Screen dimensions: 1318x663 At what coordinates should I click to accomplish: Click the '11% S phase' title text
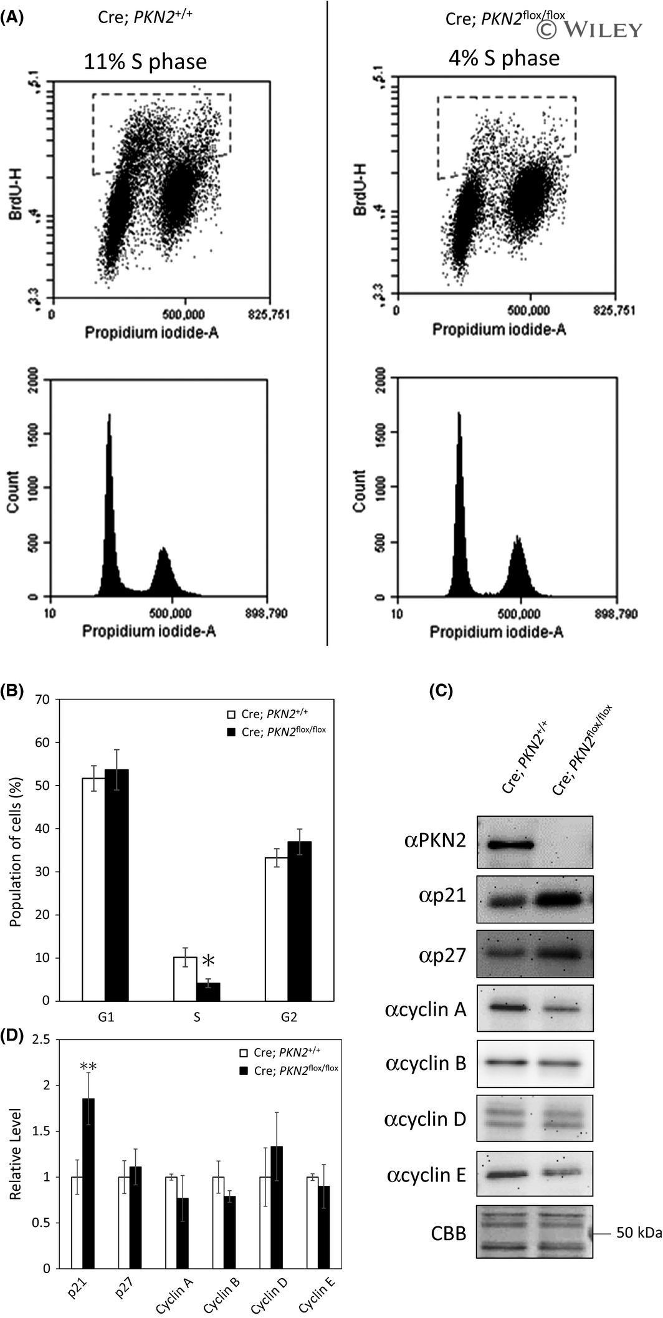point(146,62)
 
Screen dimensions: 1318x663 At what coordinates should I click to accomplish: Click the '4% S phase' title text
point(504,58)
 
